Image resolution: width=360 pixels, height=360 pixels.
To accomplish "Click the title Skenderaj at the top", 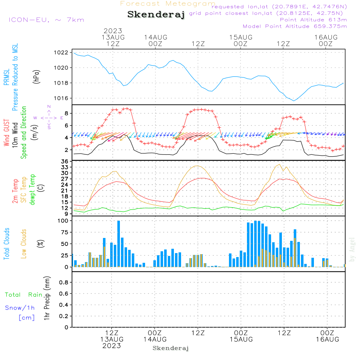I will [156, 14].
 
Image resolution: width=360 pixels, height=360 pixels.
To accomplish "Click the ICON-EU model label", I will [46, 19].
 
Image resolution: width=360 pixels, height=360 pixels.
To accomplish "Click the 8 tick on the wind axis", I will [67, 113].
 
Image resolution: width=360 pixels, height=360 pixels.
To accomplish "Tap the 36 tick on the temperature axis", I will [65, 162].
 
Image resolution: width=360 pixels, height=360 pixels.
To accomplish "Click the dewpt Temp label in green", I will [32, 190].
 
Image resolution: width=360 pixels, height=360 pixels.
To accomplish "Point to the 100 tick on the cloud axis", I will [63, 221].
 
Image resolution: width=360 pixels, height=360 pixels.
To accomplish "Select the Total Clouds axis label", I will [6, 244].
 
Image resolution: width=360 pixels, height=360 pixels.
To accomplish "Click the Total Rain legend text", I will [23, 295].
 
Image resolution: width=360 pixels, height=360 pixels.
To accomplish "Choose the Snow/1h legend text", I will [20, 308].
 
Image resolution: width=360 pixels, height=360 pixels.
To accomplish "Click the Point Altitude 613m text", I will [313, 19].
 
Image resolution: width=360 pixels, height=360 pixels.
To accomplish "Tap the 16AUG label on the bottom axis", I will [327, 339].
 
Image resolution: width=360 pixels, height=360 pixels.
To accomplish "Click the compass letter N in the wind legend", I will [49, 107].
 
